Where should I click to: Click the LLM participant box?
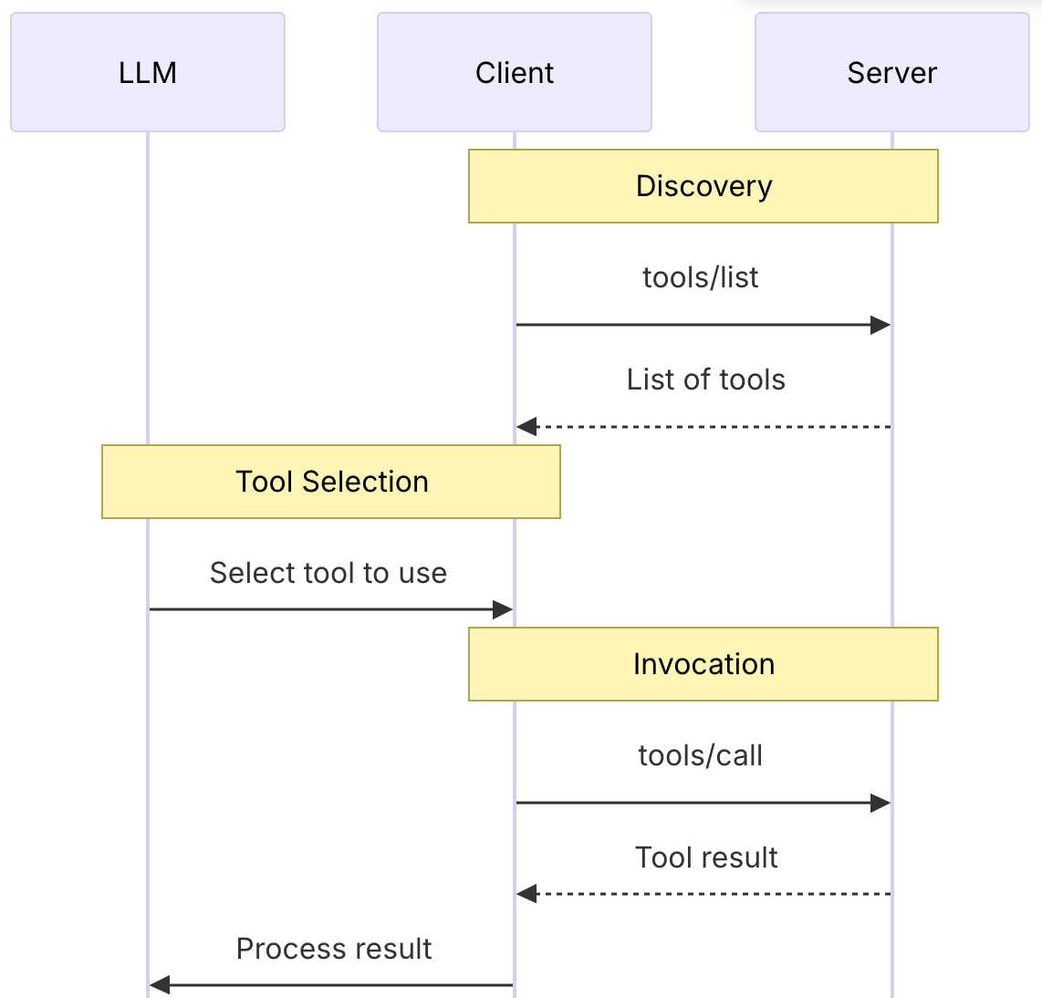[148, 72]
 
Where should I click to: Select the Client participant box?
[515, 72]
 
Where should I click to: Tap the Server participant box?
[892, 72]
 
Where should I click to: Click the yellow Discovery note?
[703, 186]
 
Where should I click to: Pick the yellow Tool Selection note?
[331, 482]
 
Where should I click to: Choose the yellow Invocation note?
[703, 664]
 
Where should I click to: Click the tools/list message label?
[700, 277]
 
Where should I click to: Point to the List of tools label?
[705, 379]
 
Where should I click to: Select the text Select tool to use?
[328, 573]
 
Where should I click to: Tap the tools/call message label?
[700, 755]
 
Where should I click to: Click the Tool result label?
[706, 858]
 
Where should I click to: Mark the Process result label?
[334, 949]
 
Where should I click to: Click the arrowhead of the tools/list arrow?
[880, 325]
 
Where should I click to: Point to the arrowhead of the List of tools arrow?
[526, 427]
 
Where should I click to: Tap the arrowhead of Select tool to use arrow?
[503, 609]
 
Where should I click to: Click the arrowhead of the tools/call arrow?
[880, 803]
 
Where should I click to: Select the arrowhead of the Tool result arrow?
[526, 894]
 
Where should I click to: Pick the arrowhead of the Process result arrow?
[160, 985]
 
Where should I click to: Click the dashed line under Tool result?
[712, 894]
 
